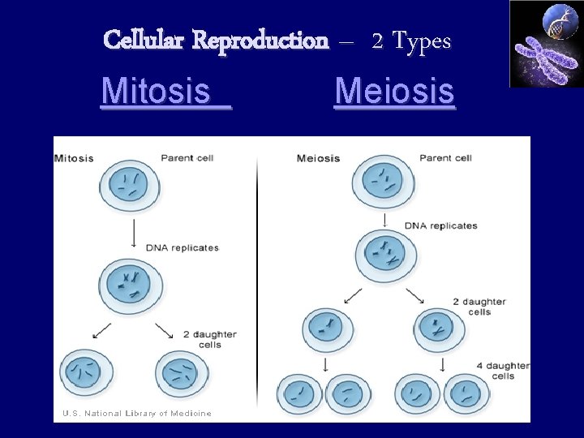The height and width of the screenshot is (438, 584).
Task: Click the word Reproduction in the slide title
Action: click(260, 40)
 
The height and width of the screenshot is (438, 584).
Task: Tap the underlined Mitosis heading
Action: click(165, 91)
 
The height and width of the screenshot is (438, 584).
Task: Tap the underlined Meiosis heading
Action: click(394, 91)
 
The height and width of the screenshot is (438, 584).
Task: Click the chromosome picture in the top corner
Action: click(545, 44)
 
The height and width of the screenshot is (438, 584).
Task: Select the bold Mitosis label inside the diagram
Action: click(74, 158)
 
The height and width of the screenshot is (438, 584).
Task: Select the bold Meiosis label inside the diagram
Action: click(319, 158)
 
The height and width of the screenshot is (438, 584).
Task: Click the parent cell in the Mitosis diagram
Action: click(130, 186)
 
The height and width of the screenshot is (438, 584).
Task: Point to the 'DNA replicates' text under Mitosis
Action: click(182, 247)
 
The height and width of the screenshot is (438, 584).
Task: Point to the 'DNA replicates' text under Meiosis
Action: click(440, 225)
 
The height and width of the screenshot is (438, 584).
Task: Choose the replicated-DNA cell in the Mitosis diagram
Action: click(130, 286)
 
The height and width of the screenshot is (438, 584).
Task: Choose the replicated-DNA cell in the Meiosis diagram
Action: click(385, 256)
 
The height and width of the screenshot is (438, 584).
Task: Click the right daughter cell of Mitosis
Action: click(181, 374)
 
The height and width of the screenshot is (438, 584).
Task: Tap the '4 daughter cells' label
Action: click(502, 371)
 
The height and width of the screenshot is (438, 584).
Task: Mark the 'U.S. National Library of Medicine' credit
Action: click(137, 413)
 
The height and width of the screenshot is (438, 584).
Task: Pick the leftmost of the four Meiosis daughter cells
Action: click(300, 394)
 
